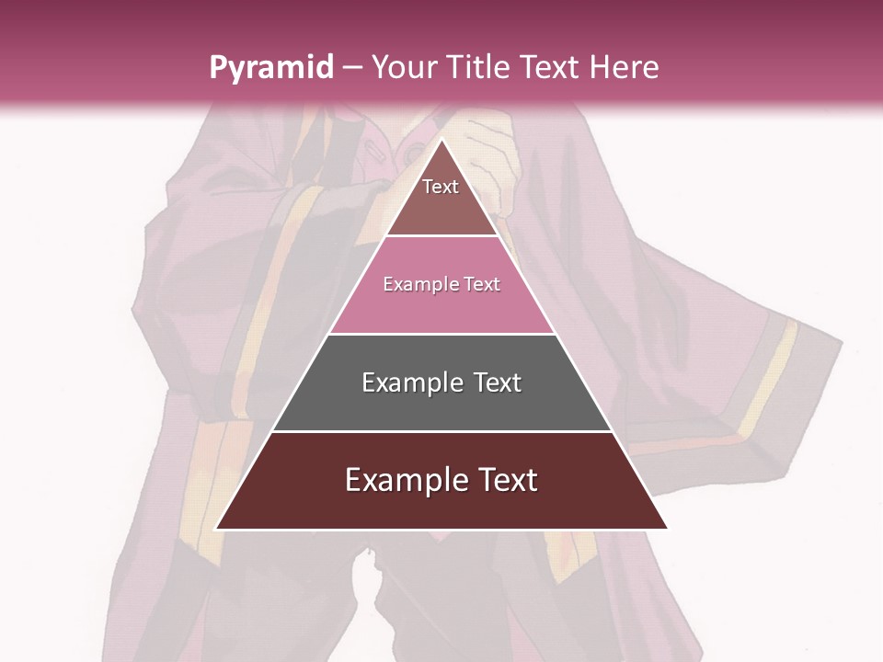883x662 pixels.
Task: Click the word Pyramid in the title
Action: pyautogui.click(x=270, y=67)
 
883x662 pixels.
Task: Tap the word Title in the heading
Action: pyautogui.click(x=480, y=67)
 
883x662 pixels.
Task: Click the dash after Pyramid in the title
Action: pyautogui.click(x=351, y=68)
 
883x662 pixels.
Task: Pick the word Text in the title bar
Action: pyautogui.click(x=552, y=67)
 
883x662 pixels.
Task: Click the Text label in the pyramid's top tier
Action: pyautogui.click(x=441, y=187)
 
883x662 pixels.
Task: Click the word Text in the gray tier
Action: pyautogui.click(x=498, y=382)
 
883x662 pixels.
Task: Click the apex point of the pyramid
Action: pyautogui.click(x=441, y=140)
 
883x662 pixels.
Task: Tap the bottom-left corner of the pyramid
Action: pyautogui.click(x=216, y=529)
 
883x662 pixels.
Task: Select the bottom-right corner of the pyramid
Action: pyautogui.click(x=667, y=529)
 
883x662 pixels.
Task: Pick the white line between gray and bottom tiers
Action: pyautogui.click(x=441, y=431)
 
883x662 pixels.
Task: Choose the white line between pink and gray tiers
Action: pyautogui.click(x=441, y=334)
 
